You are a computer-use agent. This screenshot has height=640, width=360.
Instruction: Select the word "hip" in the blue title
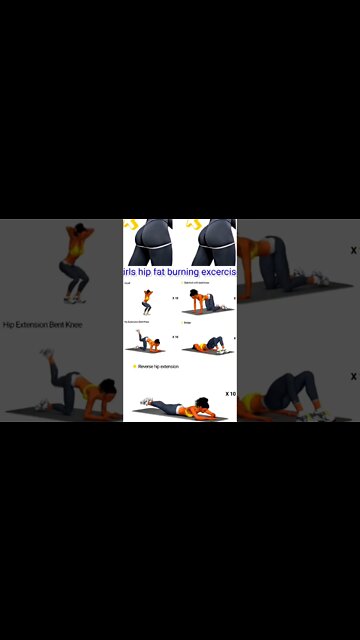(x=145, y=272)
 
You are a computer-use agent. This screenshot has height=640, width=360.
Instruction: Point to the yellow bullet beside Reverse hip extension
(x=135, y=367)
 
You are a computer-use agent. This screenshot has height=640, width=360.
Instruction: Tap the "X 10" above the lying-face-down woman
(x=230, y=394)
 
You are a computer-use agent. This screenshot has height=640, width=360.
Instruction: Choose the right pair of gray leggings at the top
(x=211, y=241)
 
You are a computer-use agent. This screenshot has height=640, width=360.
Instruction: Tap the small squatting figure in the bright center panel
(x=148, y=299)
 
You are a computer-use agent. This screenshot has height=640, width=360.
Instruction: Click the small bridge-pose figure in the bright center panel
(x=206, y=346)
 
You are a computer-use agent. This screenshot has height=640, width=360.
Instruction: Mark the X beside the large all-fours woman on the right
(x=353, y=250)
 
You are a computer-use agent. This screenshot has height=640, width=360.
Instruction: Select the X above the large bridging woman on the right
(x=353, y=376)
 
